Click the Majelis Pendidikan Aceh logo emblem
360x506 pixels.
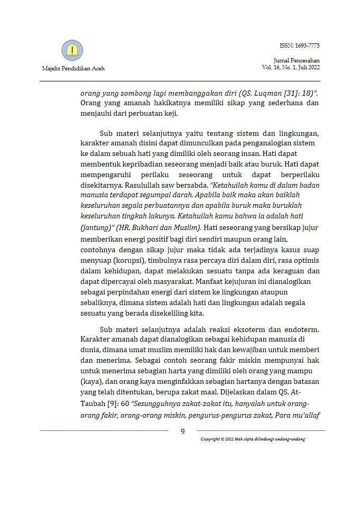[72, 51]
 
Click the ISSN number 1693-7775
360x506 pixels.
[300, 46]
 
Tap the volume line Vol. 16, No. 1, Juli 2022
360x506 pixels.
[290, 68]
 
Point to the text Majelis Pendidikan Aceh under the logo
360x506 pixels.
[73, 69]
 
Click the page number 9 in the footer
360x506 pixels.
[183, 431]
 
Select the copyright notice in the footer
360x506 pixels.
[253, 439]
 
